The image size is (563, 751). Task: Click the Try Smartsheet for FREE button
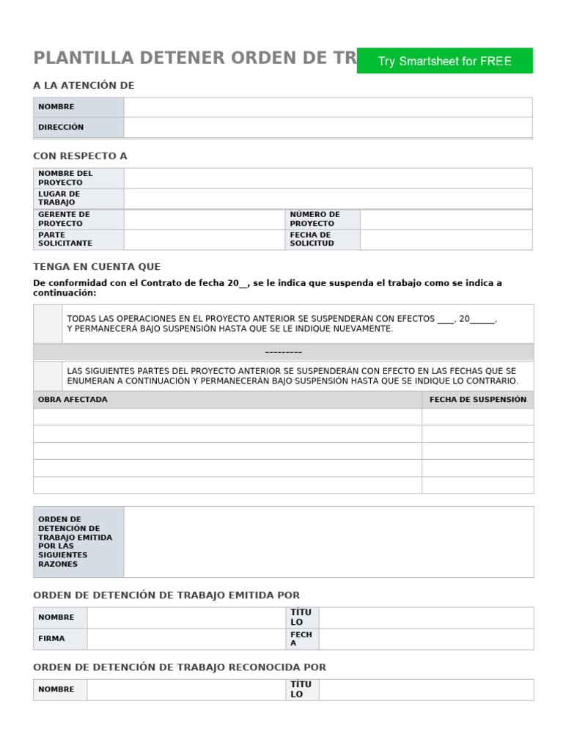444,61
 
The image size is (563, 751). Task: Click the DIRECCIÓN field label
61,127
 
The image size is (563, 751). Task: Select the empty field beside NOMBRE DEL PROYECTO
328,178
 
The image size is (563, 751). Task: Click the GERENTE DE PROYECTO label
64,219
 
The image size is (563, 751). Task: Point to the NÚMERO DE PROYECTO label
314,219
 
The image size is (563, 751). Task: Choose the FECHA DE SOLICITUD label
312,239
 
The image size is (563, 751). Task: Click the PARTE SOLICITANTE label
65,239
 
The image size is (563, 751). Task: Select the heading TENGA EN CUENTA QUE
97,267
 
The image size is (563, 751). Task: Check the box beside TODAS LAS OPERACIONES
48,323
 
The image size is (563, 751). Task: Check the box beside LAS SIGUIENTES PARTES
48,375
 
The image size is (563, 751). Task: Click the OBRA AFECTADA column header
73,400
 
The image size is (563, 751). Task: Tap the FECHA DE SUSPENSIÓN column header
477,400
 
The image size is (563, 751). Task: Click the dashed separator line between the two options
283,352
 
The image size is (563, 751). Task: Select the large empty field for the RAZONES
328,541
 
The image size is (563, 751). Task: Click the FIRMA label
51,639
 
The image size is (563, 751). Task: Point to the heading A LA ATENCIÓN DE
84,86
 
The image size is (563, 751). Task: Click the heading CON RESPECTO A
80,156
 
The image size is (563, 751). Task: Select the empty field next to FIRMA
185,639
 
